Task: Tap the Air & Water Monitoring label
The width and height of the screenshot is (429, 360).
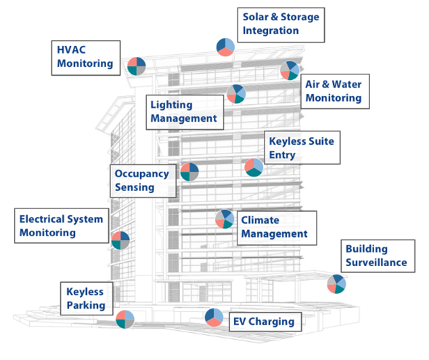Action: coord(334,91)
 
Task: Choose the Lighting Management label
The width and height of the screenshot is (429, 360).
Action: coord(184,112)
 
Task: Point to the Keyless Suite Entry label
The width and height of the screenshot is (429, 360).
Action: coord(302,148)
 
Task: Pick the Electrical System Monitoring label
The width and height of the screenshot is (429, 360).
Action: coord(61,226)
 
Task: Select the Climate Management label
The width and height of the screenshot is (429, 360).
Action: coord(274,227)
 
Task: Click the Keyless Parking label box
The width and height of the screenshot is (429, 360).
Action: coord(86,299)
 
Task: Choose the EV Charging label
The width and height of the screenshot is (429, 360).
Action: coord(262,322)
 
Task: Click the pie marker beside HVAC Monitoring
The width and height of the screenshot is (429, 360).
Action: coord(136,66)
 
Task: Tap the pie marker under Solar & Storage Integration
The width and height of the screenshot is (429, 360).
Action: coord(225,47)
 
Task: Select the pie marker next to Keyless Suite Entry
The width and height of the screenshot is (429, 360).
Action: coord(254,167)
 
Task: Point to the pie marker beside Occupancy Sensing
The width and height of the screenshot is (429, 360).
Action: coord(190,172)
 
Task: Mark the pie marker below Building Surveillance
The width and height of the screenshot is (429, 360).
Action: coord(337,284)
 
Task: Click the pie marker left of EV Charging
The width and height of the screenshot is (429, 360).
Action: coord(214,317)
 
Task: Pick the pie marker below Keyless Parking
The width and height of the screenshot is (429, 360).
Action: coord(125,319)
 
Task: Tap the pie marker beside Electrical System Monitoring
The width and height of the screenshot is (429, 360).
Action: coord(120,240)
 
